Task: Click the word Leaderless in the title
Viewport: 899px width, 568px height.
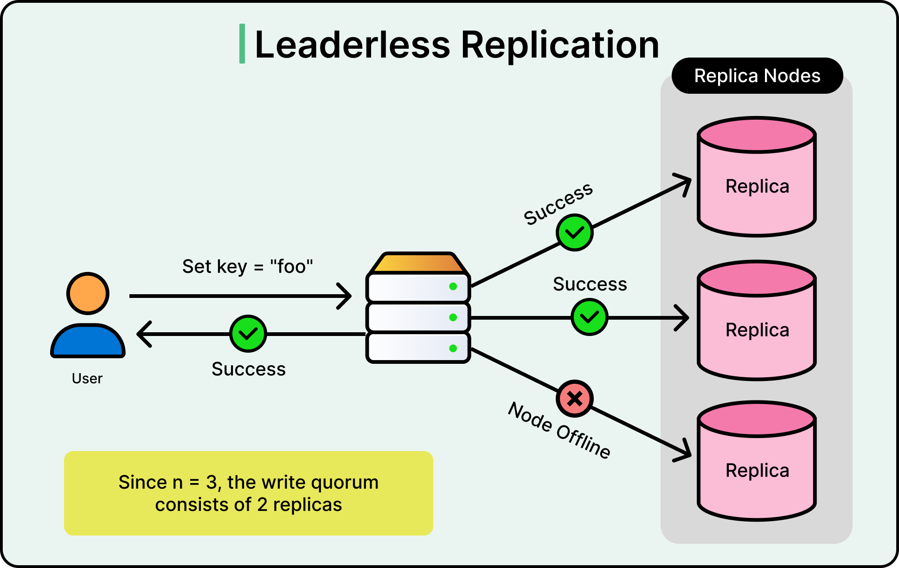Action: click(x=353, y=45)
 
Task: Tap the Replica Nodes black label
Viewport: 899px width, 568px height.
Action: click(x=757, y=76)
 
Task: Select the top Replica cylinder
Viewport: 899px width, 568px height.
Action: click(x=757, y=186)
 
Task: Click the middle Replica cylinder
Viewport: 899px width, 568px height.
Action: click(x=757, y=329)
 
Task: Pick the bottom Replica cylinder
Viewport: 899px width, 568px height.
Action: click(x=757, y=470)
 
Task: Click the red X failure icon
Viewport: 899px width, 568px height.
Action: click(x=574, y=398)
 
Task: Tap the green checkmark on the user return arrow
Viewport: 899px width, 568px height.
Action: click(x=248, y=333)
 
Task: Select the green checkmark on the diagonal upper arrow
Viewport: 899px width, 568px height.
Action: click(x=574, y=232)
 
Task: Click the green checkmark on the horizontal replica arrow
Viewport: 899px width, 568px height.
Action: click(x=589, y=317)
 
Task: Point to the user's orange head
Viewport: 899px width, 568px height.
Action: click(x=88, y=293)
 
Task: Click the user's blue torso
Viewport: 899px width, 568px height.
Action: click(x=88, y=342)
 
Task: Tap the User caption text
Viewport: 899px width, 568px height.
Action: click(x=87, y=379)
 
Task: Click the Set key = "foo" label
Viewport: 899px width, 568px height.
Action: click(x=247, y=266)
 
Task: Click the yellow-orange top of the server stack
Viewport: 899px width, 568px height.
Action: click(x=418, y=263)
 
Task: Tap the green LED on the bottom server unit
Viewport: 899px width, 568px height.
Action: click(x=453, y=348)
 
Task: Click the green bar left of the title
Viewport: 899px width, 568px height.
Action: click(x=242, y=44)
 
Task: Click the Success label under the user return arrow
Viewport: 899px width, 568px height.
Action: click(x=249, y=369)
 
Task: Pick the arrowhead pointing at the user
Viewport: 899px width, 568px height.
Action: click(x=144, y=334)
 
